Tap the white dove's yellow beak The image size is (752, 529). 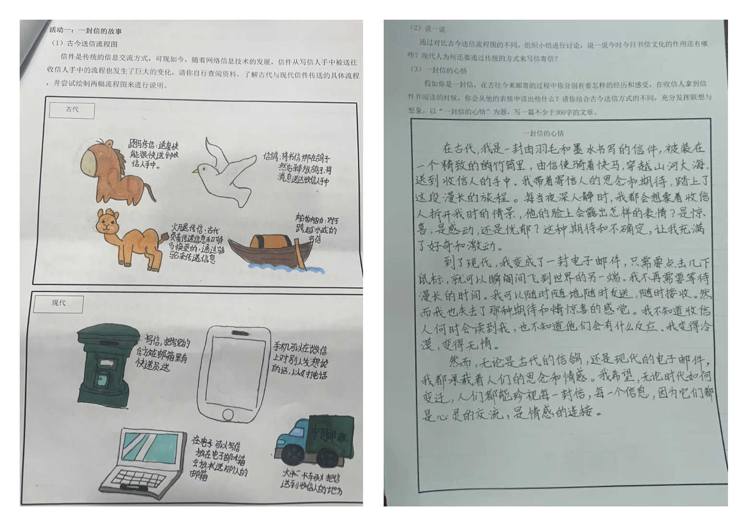coord(195,170)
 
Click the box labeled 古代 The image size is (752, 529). coord(72,110)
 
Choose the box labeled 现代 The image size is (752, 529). coord(59,303)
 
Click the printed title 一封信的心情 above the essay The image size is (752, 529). coord(544,133)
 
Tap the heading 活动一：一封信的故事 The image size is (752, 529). coord(85,31)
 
